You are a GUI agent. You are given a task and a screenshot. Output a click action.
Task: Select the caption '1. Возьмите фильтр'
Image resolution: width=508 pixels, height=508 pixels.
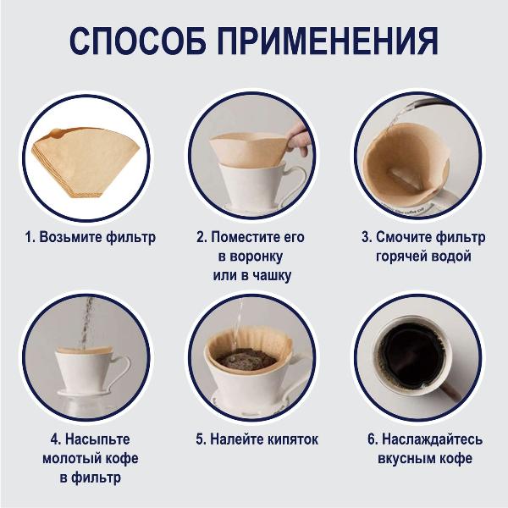pos(90,237)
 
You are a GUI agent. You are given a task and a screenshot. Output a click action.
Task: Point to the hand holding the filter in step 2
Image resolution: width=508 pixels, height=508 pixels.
pos(297,135)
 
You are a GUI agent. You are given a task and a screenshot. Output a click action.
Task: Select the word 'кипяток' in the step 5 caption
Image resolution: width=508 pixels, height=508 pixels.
pos(290,439)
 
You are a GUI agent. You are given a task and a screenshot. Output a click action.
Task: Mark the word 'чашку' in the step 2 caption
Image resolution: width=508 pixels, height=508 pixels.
pos(276,276)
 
